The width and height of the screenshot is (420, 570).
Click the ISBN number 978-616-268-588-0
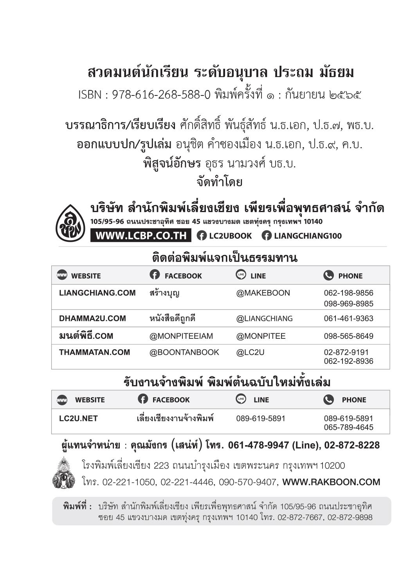coord(161,95)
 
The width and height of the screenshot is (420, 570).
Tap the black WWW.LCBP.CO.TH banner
coord(141,236)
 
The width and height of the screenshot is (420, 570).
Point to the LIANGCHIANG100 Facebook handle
coord(302,236)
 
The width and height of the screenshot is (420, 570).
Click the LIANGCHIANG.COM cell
coord(97,293)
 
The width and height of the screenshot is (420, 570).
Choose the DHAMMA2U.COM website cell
coord(92,318)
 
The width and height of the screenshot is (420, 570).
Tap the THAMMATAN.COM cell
coord(94,352)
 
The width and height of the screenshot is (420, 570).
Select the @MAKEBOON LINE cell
coord(263,293)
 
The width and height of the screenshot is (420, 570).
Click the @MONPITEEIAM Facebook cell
coord(181,336)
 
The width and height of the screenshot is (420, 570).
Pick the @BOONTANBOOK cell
coord(184,352)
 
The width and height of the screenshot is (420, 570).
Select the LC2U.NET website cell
coord(78,419)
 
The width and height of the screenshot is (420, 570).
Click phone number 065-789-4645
coord(348,427)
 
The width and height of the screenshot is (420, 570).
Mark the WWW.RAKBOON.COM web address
coord(331,482)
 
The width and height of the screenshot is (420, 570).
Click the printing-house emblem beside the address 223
coord(64,473)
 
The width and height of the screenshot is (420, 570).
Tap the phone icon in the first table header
coord(328,275)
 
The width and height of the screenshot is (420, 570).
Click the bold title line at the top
coord(221,73)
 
